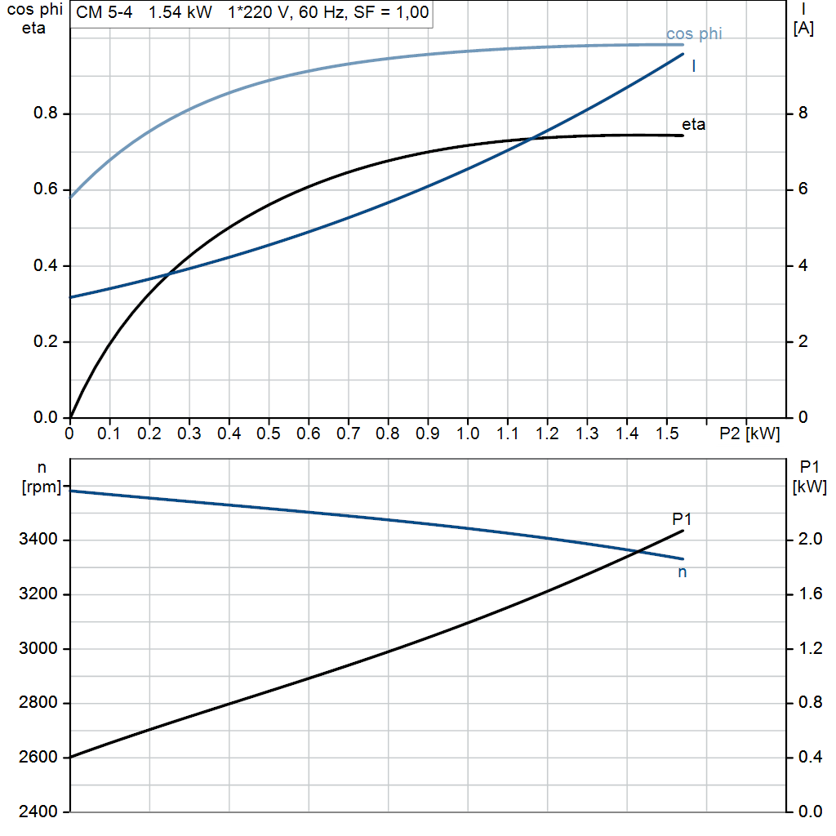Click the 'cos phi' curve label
point(694,33)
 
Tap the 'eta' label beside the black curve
point(693,125)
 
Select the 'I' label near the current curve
point(693,66)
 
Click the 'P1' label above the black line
point(682,518)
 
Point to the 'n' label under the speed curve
point(683,572)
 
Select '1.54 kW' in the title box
point(180,13)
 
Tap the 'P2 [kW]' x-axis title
point(749,433)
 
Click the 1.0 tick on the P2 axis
point(468,433)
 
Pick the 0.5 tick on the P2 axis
point(269,433)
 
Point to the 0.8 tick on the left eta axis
point(46,113)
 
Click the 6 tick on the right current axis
point(803,189)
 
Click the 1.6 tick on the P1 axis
point(809,594)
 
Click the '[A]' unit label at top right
point(803,29)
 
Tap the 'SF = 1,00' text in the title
point(395,13)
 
